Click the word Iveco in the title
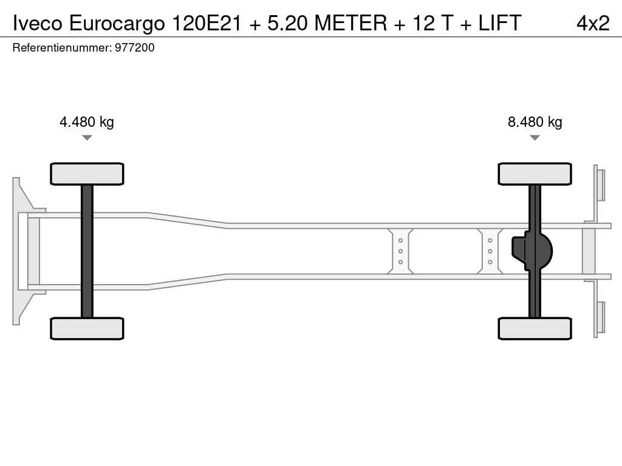coord(38,22)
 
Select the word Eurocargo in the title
coord(117,24)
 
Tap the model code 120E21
coord(207,22)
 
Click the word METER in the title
coord(350,22)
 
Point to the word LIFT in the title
coord(499,22)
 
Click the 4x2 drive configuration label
coord(593,23)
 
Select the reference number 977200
coord(134,47)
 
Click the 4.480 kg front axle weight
coord(86,121)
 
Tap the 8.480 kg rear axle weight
coord(535,121)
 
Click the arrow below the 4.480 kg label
coord(87,138)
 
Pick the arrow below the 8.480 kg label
coord(535,138)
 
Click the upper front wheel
coord(87,174)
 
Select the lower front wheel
coord(87,328)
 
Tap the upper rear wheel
coord(535,174)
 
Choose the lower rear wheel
coord(535,328)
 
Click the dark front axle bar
coord(87,251)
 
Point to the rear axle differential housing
coord(531,251)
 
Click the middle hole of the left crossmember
coord(400,251)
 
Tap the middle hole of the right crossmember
coord(490,251)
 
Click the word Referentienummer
coord(62,47)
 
